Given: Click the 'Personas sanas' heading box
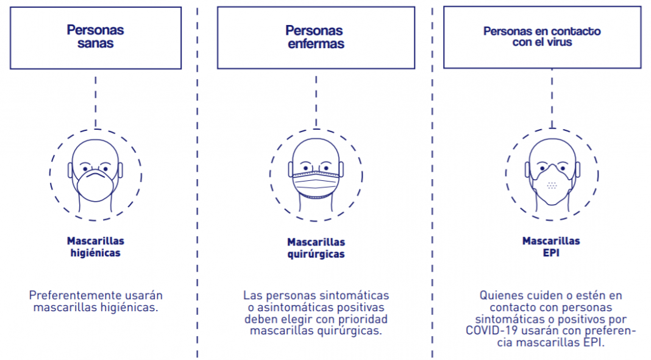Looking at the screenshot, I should (x=95, y=37).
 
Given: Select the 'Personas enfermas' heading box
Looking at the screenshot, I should (x=315, y=37).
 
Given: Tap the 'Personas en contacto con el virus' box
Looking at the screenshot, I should (x=542, y=37).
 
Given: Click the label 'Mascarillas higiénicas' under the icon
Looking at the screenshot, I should (x=96, y=247).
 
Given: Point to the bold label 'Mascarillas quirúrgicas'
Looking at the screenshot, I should (x=316, y=248).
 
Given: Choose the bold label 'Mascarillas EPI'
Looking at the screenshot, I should (x=551, y=247).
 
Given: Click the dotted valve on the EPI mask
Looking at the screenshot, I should (x=552, y=185).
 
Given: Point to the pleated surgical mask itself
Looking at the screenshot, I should (x=316, y=183).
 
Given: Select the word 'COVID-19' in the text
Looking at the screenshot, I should (x=489, y=331).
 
